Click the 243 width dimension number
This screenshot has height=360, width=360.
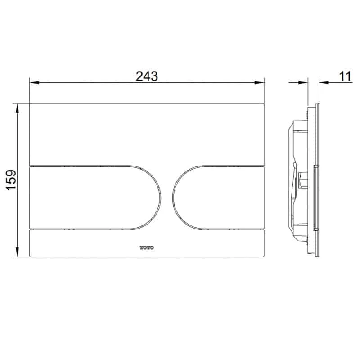[x=147, y=76]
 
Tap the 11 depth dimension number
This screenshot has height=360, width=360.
[x=345, y=76]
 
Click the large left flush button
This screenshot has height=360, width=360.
[x=90, y=198]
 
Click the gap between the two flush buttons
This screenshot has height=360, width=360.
[x=166, y=198]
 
